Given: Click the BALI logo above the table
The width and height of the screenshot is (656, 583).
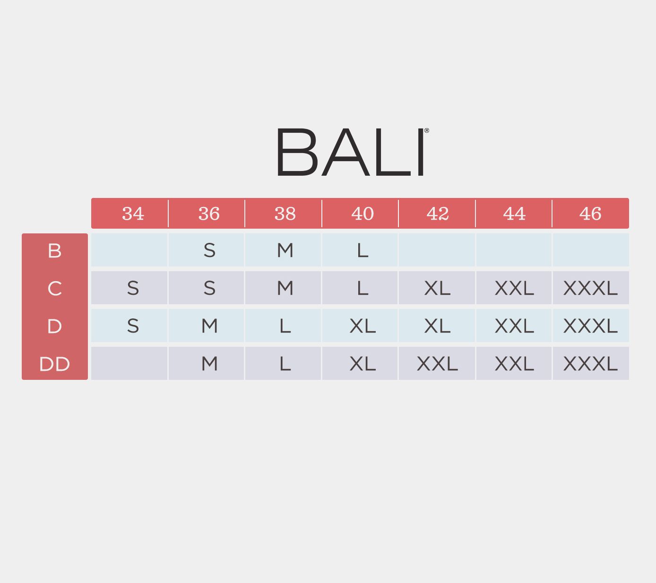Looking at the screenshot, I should [351, 152].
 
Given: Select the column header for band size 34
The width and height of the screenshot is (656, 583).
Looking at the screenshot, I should [133, 214].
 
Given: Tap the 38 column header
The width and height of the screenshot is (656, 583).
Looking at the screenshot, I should [285, 214].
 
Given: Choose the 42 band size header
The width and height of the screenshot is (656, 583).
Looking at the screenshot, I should [437, 214].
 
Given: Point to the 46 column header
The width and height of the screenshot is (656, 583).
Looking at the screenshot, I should [590, 214].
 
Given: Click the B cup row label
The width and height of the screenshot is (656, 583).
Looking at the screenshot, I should [54, 250].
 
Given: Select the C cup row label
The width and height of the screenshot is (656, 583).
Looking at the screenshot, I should [54, 288].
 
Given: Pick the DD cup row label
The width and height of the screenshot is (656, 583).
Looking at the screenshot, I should [54, 364].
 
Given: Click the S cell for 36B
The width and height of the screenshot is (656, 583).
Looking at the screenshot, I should [209, 250].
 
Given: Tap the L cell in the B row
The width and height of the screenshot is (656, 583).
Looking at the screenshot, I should [362, 250].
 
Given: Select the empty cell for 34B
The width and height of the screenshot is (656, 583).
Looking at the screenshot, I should [129, 250].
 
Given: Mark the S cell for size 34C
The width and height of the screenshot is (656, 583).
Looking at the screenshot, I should [133, 288].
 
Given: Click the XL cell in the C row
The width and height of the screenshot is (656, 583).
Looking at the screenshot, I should [437, 288].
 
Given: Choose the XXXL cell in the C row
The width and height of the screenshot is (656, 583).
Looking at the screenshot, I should [590, 288].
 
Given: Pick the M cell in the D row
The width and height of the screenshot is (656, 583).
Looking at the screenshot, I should [209, 326].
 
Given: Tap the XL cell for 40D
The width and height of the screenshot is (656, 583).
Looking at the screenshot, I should [362, 326].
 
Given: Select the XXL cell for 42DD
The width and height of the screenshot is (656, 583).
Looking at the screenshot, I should [437, 363].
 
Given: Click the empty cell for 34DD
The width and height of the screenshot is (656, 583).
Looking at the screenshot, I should [129, 363].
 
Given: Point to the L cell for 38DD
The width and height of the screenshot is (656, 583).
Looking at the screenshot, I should [285, 363].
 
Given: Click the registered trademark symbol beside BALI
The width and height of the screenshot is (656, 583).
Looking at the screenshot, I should [427, 131].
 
